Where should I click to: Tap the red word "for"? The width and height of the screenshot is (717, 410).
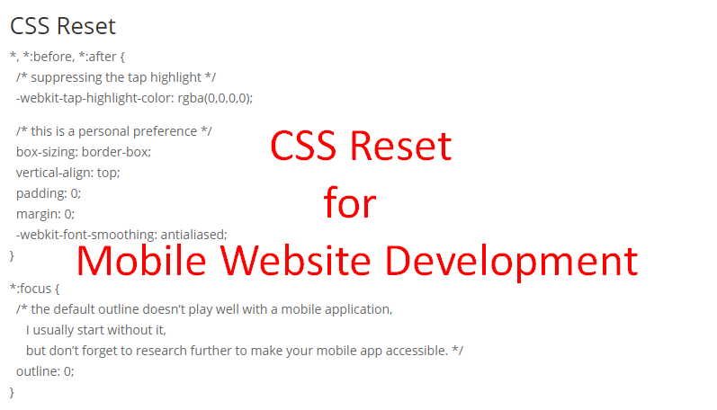click(x=350, y=203)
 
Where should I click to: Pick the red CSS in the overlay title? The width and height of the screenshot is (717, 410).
click(x=308, y=147)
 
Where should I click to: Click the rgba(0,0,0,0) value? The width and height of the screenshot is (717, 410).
click(x=215, y=98)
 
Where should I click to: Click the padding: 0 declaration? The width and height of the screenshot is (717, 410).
click(x=49, y=193)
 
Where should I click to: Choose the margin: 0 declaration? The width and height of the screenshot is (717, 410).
click(x=45, y=214)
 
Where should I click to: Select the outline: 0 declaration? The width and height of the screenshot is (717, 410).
click(x=45, y=370)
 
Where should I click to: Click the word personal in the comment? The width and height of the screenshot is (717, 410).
click(x=112, y=131)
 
